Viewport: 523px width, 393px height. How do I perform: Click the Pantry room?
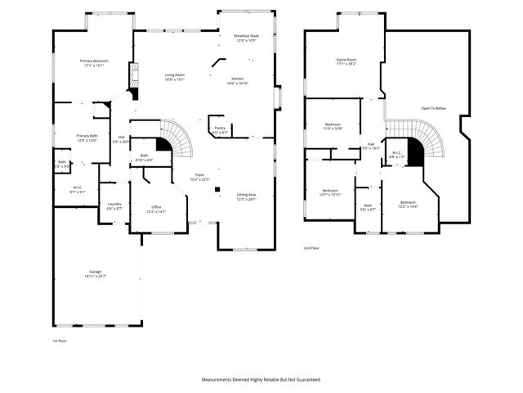(x=220, y=130)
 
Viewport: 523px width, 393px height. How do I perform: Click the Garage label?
(x=95, y=273)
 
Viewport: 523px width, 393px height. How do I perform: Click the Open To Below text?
(x=433, y=108)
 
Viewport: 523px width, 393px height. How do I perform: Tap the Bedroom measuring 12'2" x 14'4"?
(x=408, y=204)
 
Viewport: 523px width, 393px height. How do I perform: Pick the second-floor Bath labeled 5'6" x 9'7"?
(x=368, y=207)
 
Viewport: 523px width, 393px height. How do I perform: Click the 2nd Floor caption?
(x=311, y=247)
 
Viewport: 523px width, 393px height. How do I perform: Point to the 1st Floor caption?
(x=59, y=340)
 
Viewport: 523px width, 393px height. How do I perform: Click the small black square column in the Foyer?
(x=217, y=190)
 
